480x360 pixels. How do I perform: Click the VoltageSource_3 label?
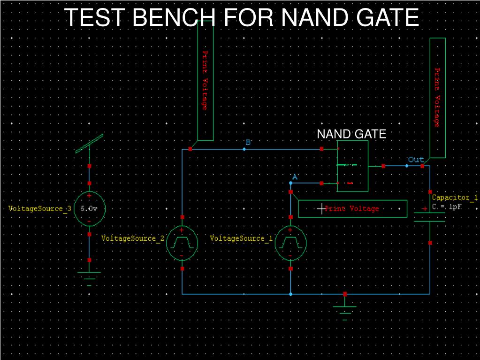pyautogui.click(x=40, y=209)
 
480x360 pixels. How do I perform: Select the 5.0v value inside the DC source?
pyautogui.click(x=89, y=209)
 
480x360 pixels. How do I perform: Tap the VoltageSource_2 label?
pyautogui.click(x=133, y=238)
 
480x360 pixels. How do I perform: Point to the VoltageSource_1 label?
pyautogui.click(x=241, y=238)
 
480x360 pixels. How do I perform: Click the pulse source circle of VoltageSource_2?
pyautogui.click(x=182, y=243)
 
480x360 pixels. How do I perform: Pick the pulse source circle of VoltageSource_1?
pyautogui.click(x=290, y=243)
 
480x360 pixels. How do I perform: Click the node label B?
pyautogui.click(x=248, y=142)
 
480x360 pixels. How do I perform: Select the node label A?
pyautogui.click(x=295, y=177)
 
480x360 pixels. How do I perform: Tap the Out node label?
pyautogui.click(x=416, y=160)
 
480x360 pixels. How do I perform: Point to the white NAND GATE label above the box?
pyautogui.click(x=351, y=134)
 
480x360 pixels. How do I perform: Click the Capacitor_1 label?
pyautogui.click(x=455, y=198)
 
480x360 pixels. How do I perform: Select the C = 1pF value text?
pyautogui.click(x=447, y=207)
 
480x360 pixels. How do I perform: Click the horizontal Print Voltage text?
pyautogui.click(x=352, y=209)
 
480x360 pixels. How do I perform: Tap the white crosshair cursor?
pyautogui.click(x=321, y=209)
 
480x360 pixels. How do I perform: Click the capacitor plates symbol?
pyautogui.click(x=430, y=217)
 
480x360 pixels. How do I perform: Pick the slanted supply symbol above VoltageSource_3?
pyautogui.click(x=90, y=143)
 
